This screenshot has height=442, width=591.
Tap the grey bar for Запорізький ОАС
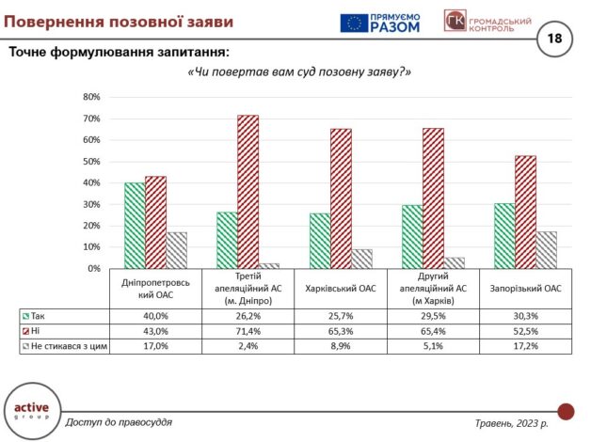547,250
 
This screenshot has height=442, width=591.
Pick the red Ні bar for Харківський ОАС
340,198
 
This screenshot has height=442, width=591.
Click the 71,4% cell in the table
247,332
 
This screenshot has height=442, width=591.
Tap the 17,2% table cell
526,347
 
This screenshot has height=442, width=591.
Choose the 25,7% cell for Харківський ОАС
340,317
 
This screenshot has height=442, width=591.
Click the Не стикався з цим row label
67,347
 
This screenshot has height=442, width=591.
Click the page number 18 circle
553,39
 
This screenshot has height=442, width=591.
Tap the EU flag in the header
354,23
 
